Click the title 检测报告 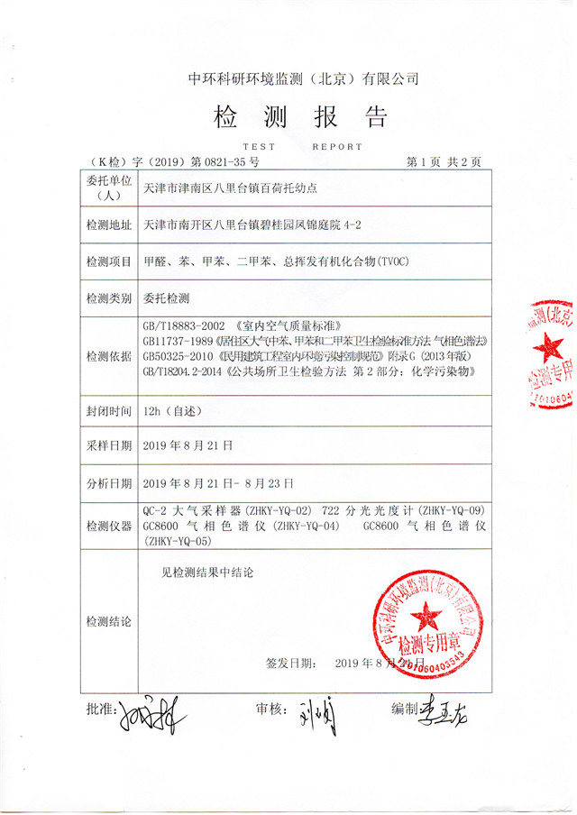299,117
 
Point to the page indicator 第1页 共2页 444,162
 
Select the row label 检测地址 108,224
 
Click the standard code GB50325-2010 183,356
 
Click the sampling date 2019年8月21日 188,444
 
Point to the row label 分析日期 108,482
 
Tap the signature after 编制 447,712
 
